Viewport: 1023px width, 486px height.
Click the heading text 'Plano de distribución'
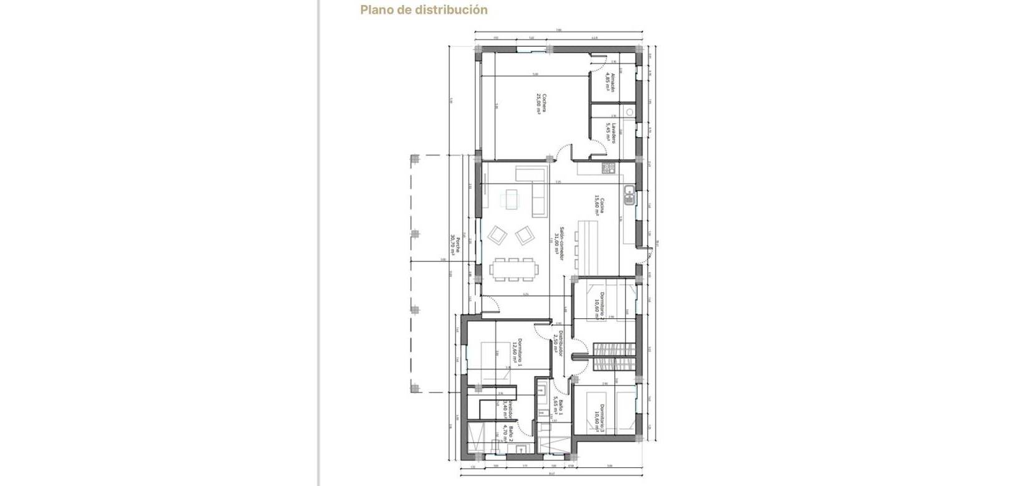click(x=424, y=10)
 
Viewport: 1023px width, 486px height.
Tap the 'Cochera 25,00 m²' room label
click(x=541, y=103)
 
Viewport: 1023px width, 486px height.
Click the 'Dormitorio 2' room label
click(x=601, y=306)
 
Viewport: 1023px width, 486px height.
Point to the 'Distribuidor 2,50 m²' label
click(x=559, y=345)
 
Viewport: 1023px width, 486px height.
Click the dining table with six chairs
click(x=514, y=270)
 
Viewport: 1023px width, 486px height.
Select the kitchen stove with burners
click(x=608, y=168)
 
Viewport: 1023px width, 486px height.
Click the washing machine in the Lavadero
click(x=629, y=113)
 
